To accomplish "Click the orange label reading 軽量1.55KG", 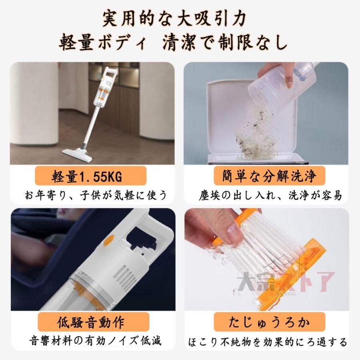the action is (90, 176).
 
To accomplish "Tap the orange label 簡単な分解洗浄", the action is (269, 176).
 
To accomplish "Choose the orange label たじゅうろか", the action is (269, 322).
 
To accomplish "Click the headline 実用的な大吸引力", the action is (174, 18).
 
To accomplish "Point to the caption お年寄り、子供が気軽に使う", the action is (96, 195).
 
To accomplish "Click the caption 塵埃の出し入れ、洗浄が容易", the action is (270, 195).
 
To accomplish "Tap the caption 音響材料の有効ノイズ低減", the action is (96, 341).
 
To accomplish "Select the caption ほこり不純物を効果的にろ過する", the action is (268, 342).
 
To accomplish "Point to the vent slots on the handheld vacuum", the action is (126, 276).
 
